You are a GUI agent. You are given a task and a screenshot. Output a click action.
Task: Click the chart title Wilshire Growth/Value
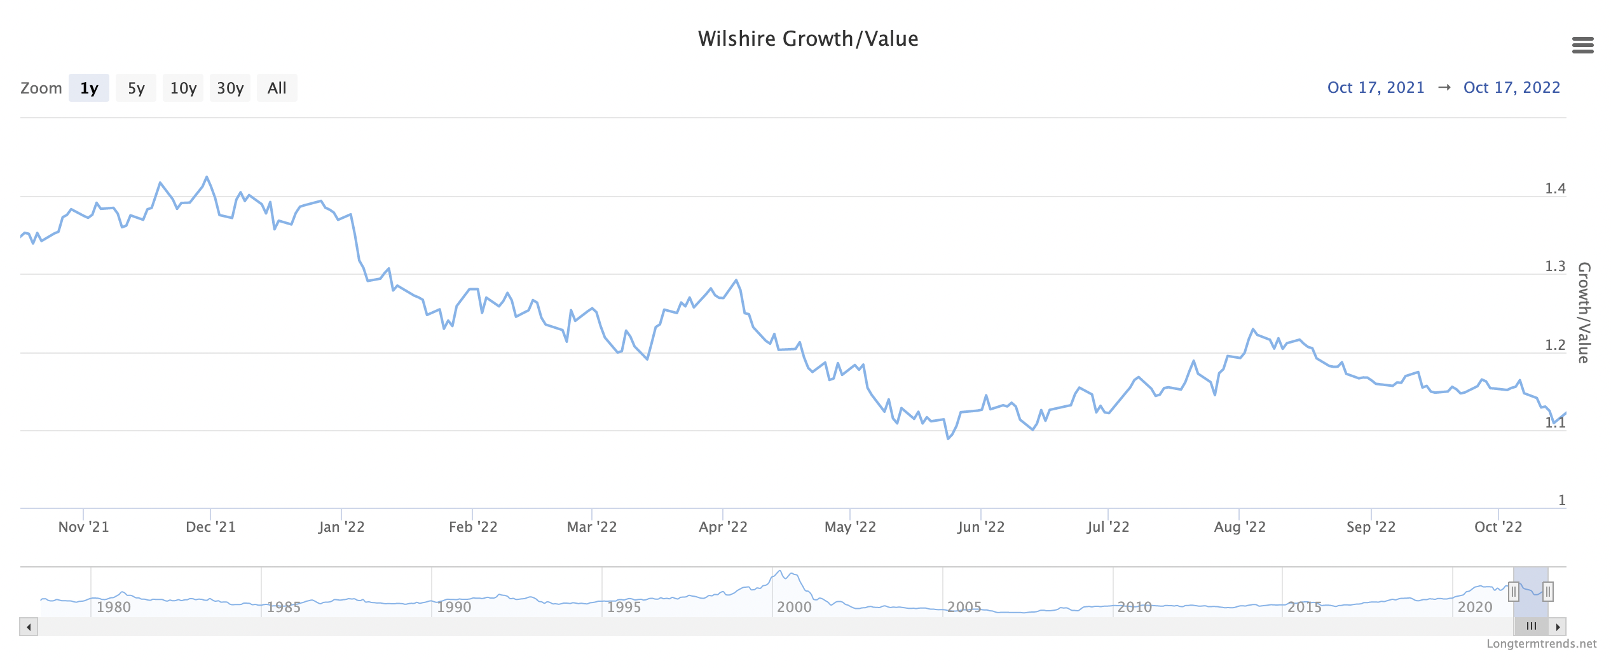807,39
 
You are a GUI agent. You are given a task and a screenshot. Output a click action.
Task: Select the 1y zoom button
89,88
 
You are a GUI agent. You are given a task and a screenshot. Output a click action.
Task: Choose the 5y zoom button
136,88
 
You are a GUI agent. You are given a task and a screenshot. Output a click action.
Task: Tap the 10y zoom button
183,88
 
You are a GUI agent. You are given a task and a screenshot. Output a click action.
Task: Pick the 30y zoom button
230,88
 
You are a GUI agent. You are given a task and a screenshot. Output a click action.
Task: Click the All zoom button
277,88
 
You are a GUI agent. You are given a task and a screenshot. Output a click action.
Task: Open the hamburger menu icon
1582,45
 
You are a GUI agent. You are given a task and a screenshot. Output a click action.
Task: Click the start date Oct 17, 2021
1376,87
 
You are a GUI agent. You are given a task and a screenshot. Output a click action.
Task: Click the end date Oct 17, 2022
1512,87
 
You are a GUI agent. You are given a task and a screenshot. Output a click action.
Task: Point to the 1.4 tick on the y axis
1555,188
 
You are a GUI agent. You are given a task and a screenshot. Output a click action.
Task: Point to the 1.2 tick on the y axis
1555,345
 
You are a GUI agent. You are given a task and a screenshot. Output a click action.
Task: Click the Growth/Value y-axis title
1584,312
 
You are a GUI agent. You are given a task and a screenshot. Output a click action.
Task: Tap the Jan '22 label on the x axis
341,527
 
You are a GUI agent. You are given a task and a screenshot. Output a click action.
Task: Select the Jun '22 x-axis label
981,527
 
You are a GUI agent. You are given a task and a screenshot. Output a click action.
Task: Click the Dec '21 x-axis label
210,527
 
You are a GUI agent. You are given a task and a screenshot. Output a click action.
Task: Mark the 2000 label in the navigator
794,607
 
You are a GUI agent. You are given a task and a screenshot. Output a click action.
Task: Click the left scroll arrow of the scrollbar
29,627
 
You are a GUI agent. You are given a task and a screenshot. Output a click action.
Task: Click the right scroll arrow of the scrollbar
1558,627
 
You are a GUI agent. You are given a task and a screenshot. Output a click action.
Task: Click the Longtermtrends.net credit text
1541,644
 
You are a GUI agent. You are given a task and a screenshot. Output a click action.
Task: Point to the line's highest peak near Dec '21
207,177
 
